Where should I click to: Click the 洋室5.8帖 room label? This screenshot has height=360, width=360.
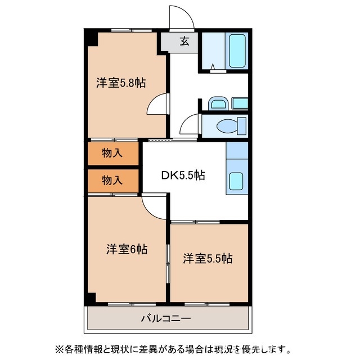(x=121, y=83)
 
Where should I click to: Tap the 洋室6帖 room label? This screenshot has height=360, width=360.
(x=127, y=249)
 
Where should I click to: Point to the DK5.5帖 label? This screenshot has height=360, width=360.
(x=183, y=175)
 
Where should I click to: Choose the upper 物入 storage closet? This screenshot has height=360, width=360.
(x=112, y=153)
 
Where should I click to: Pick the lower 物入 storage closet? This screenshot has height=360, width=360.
(x=112, y=181)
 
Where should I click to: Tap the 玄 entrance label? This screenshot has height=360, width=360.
(x=184, y=41)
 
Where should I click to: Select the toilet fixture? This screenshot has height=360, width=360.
(x=231, y=125)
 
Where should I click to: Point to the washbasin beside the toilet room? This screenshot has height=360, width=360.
(x=217, y=103)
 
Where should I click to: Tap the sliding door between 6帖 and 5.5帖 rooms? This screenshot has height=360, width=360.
(x=168, y=262)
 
